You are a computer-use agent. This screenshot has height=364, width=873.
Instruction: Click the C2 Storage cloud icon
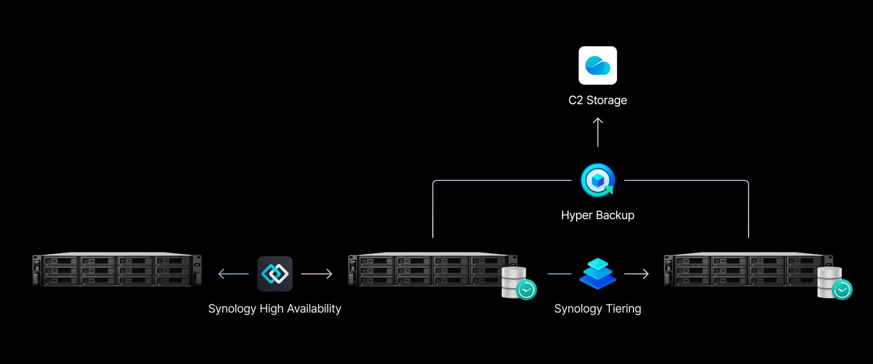pyautogui.click(x=598, y=66)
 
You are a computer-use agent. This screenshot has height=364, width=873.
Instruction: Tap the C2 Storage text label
pyautogui.click(x=598, y=100)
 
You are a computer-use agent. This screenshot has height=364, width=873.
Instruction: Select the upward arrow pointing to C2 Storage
pyautogui.click(x=598, y=132)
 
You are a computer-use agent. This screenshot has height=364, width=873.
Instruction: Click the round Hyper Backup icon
pyautogui.click(x=598, y=180)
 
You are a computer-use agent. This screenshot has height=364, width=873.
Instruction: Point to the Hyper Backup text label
pyautogui.click(x=598, y=215)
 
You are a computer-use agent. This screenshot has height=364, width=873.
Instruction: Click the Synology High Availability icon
pyautogui.click(x=275, y=274)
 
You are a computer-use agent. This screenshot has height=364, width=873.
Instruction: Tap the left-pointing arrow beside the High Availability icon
pyautogui.click(x=233, y=274)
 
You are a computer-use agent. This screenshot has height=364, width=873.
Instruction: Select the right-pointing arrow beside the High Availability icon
pyautogui.click(x=317, y=274)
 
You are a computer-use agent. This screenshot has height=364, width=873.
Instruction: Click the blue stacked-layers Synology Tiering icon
pyautogui.click(x=598, y=274)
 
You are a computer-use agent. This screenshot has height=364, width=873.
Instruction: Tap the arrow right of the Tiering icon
pyautogui.click(x=636, y=274)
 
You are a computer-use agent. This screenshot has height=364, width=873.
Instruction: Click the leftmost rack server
pyautogui.click(x=117, y=270)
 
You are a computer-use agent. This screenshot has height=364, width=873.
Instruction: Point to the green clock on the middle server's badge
pyautogui.click(x=526, y=290)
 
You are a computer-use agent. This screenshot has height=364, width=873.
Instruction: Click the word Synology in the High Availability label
pyautogui.click(x=232, y=309)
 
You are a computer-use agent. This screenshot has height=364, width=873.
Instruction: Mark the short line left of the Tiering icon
pyautogui.click(x=559, y=274)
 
